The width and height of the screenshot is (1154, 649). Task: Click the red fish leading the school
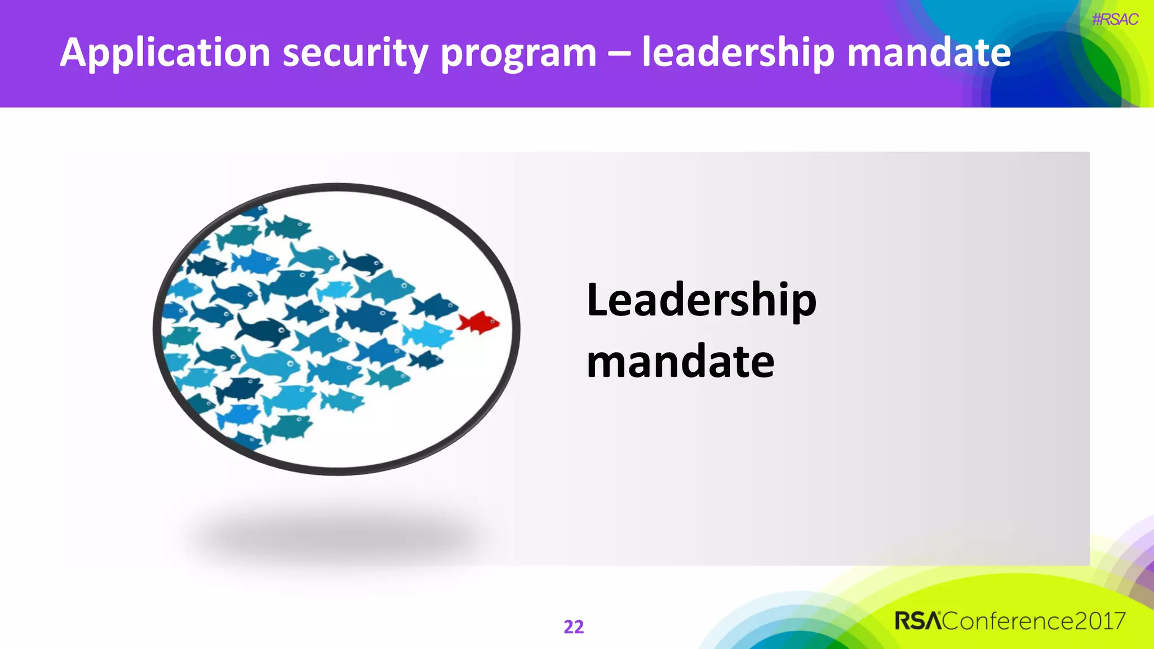click(x=479, y=323)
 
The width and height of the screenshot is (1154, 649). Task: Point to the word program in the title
click(x=518, y=53)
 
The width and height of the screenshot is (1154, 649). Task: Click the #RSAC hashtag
click(x=1115, y=20)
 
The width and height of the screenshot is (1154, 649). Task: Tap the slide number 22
click(x=574, y=626)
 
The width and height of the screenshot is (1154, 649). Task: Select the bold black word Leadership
click(x=701, y=300)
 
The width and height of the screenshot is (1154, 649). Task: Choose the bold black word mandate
click(x=680, y=361)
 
